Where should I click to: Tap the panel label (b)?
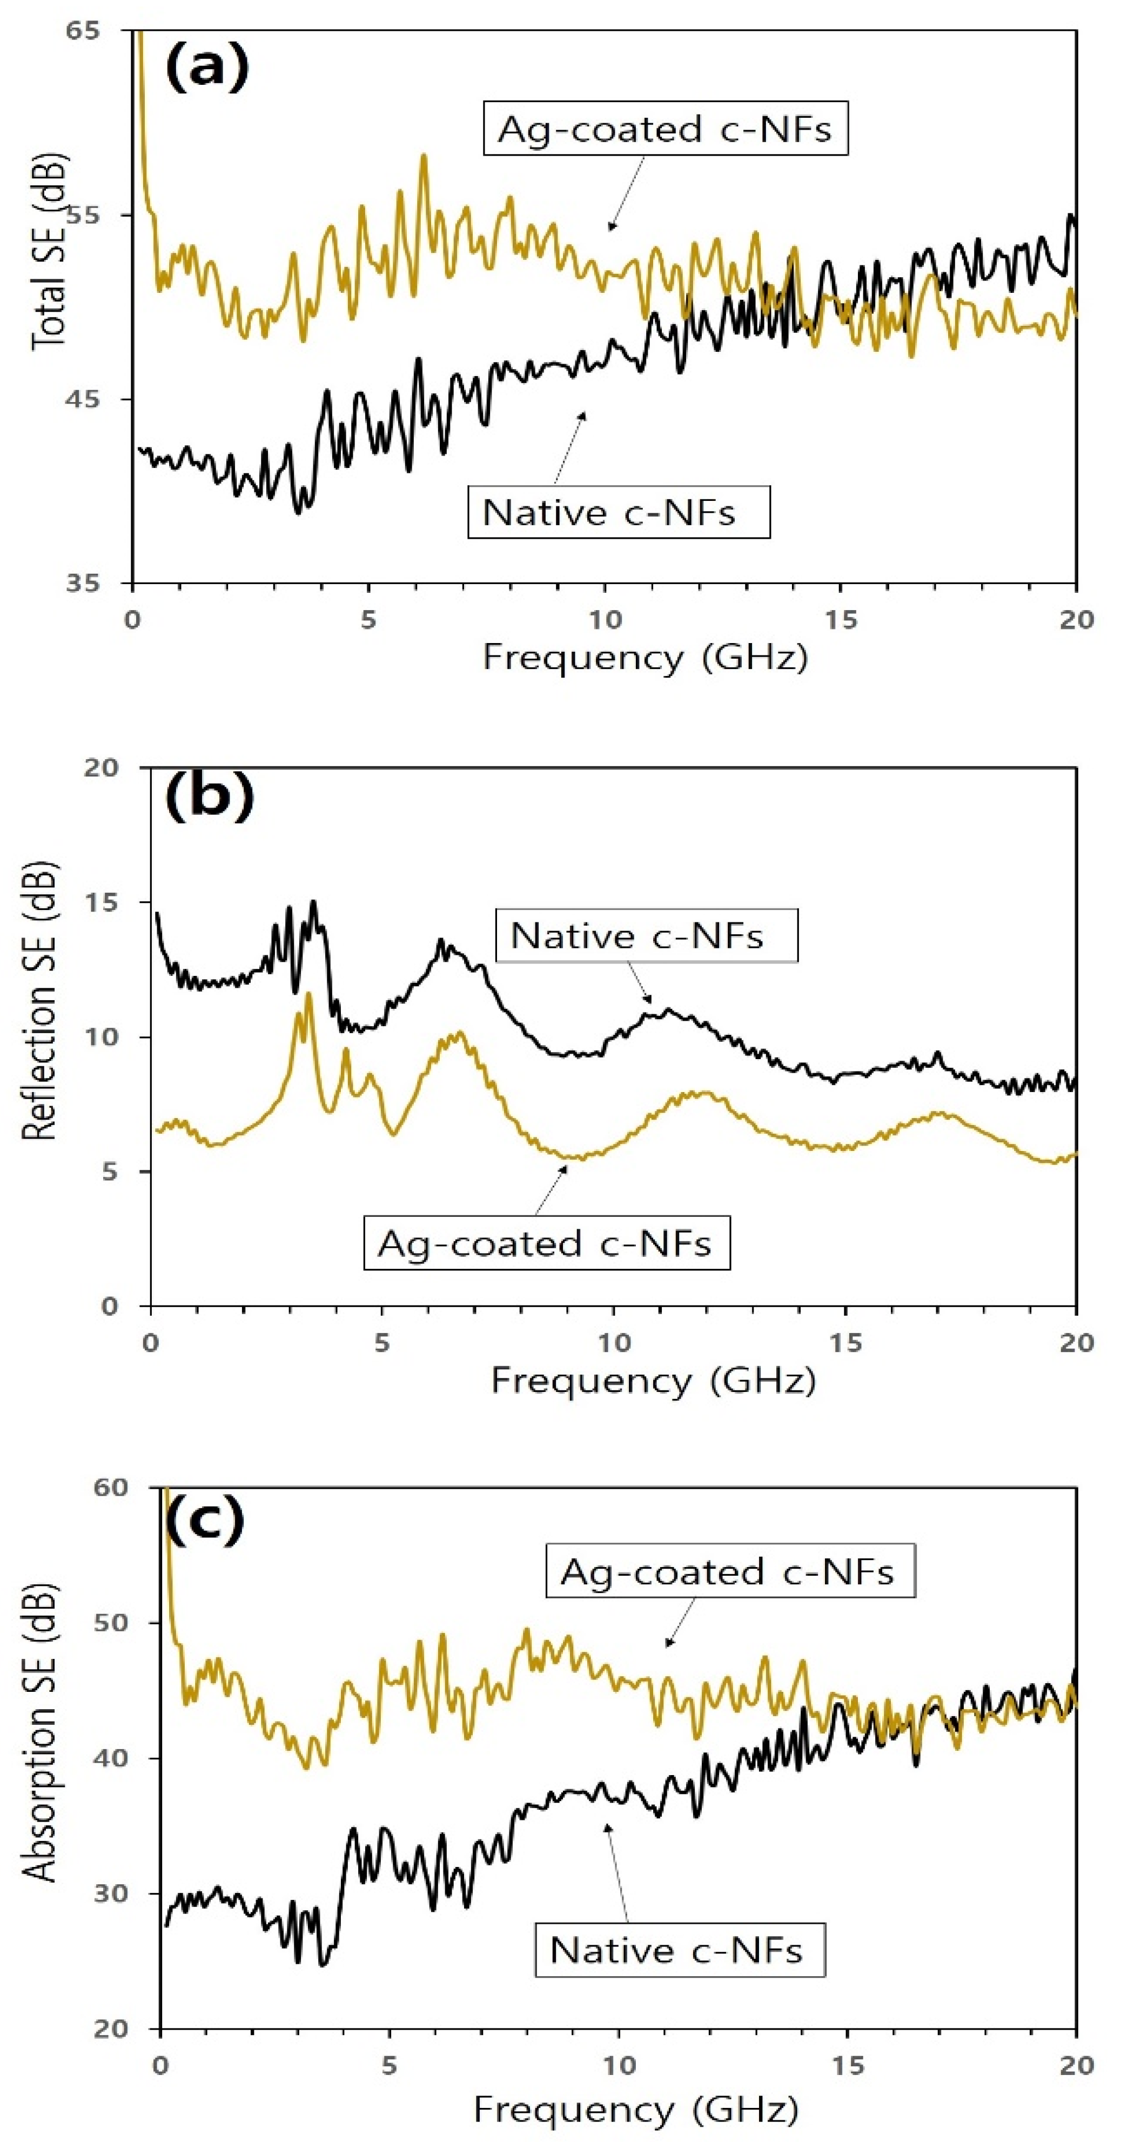click(209, 796)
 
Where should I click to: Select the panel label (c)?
click(205, 1518)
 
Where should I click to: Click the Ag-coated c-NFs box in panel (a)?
click(665, 129)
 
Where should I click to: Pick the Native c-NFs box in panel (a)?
click(618, 512)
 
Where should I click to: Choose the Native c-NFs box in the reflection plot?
click(646, 935)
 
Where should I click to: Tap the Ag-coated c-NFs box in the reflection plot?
click(546, 1244)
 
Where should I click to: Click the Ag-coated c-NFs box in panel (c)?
click(729, 1571)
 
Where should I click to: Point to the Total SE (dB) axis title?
click(48, 251)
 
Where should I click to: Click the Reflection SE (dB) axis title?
click(38, 1000)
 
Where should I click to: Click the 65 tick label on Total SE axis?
click(82, 31)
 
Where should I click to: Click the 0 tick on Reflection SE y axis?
click(109, 1306)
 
